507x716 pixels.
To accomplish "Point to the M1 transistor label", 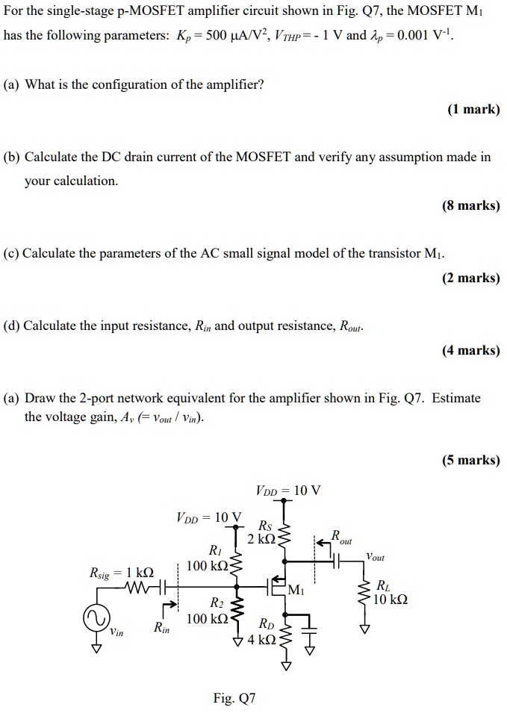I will [x=296, y=591].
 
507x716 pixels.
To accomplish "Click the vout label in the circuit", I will [x=376, y=556].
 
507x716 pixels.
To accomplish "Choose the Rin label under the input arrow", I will [x=161, y=629].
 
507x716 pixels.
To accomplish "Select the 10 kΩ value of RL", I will [x=391, y=600].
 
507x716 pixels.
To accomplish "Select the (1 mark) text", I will [x=473, y=110].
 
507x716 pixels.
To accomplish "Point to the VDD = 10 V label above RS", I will [x=288, y=491].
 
